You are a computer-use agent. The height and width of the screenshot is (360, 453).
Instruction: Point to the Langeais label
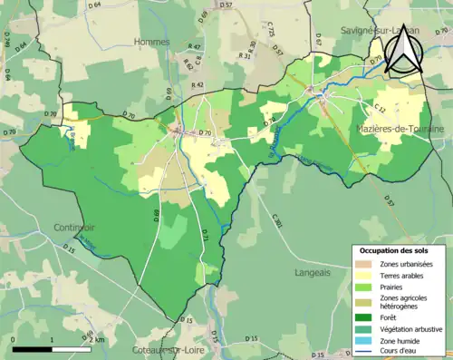(313, 271)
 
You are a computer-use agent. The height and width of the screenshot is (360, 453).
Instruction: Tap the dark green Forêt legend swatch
(367, 317)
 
